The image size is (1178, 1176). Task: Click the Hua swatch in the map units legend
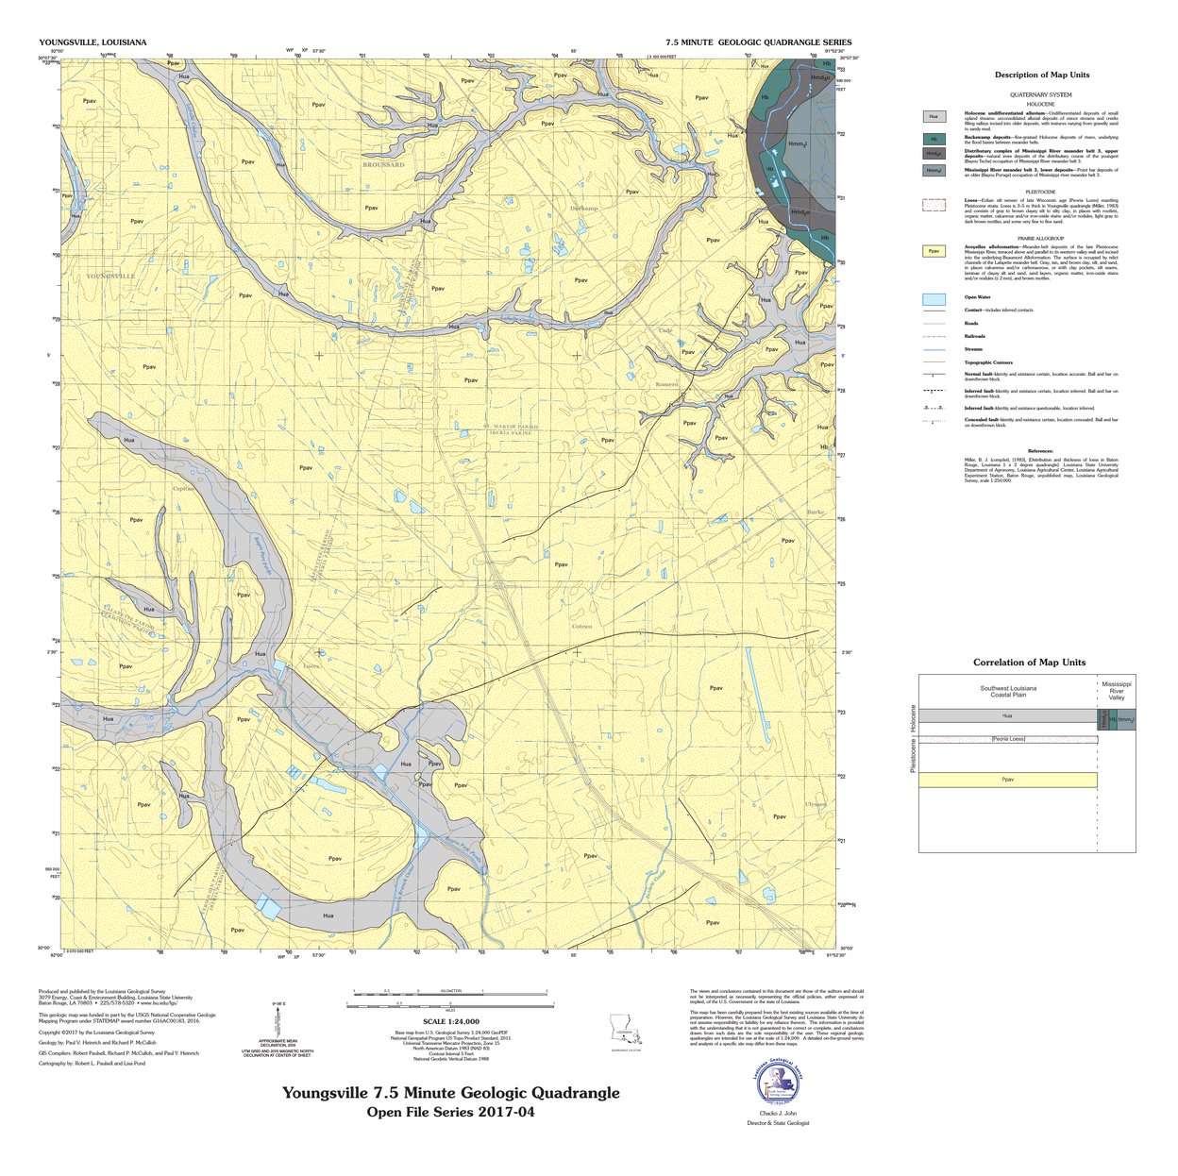point(934,116)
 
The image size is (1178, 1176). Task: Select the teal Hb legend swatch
point(934,138)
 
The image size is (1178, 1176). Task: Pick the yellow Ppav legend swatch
point(934,251)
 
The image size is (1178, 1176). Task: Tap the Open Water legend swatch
point(934,298)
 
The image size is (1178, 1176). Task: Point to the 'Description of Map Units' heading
point(1041,75)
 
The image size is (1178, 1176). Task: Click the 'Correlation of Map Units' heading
point(1029,663)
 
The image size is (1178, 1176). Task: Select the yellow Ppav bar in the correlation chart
point(1007,780)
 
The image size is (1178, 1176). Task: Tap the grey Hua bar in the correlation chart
point(1007,716)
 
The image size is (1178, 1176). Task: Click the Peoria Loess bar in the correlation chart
point(1007,738)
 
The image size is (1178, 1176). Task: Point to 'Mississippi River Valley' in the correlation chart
point(1117,689)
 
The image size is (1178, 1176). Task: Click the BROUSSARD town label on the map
point(383,164)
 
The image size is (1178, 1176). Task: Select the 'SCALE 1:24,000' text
point(451,1021)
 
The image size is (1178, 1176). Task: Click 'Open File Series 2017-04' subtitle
point(450,1112)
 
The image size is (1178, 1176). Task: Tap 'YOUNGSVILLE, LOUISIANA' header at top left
point(93,42)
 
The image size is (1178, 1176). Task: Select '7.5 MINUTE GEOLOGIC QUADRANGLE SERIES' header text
point(758,42)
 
